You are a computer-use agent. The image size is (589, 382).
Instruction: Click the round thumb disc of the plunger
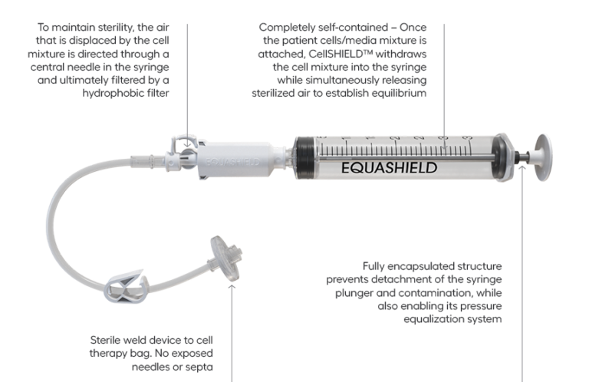(544, 156)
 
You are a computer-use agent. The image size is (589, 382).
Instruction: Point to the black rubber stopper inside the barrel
(305, 156)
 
